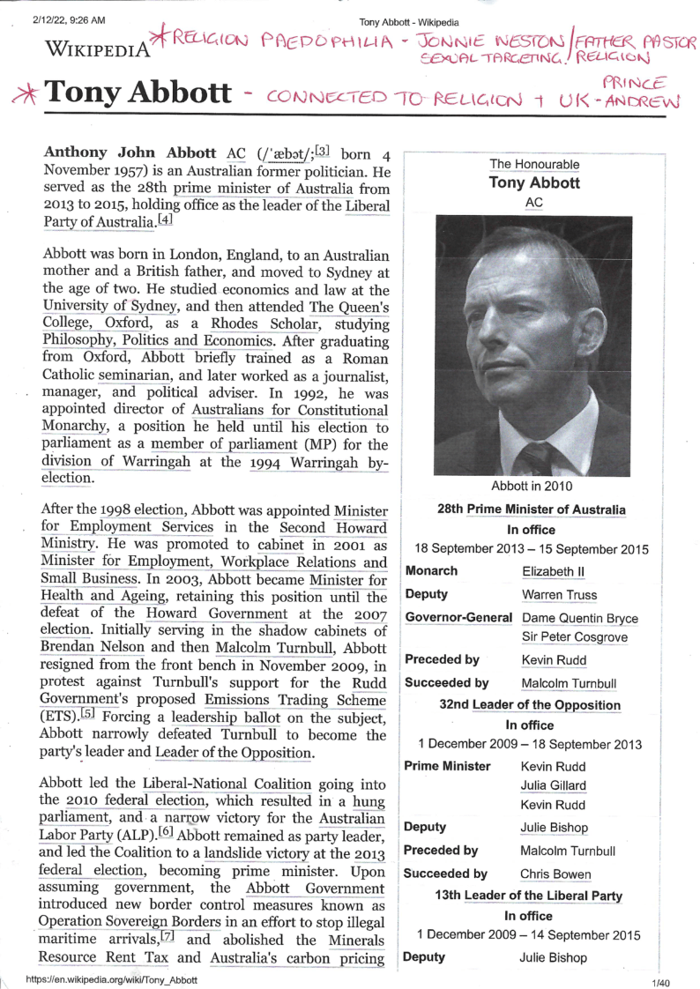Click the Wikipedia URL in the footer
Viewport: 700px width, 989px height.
coord(112,979)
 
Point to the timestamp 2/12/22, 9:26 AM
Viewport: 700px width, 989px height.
coord(70,19)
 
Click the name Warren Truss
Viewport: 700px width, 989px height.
coord(557,595)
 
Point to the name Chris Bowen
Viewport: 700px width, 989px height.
coord(556,874)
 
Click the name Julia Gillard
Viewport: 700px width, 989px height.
coord(554,785)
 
